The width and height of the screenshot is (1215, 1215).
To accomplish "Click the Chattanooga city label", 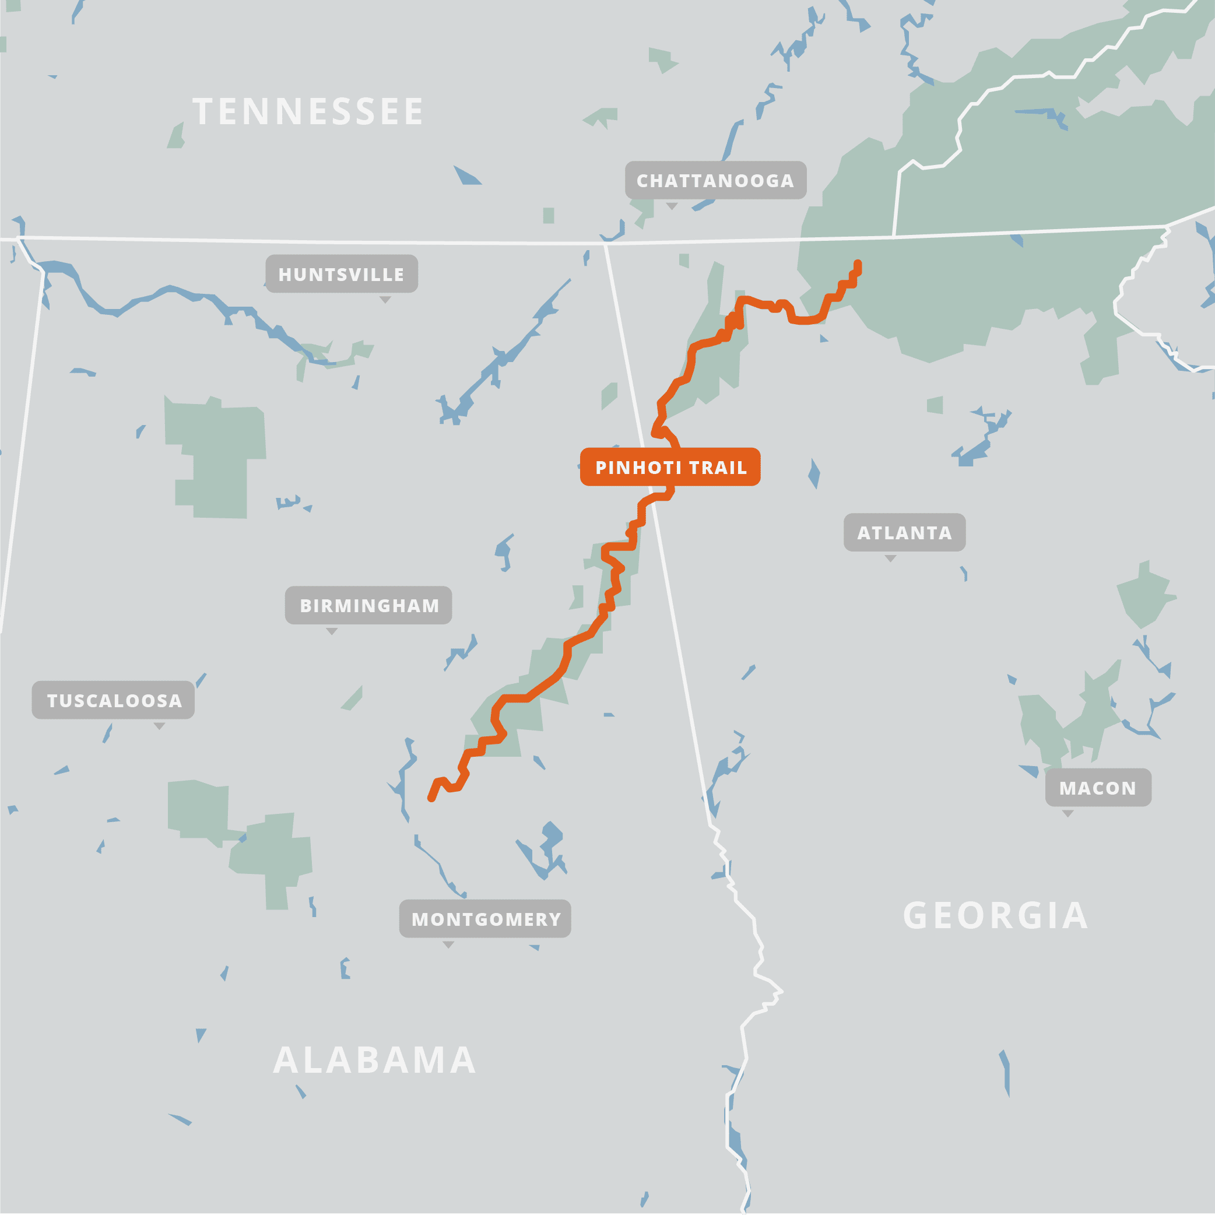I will point(716,181).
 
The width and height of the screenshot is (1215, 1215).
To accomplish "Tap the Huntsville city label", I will point(342,273).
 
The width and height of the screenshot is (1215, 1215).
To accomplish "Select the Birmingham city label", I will point(368,605).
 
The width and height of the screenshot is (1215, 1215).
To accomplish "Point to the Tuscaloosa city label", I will point(113,700).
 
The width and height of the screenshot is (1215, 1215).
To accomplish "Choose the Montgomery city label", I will point(485,919).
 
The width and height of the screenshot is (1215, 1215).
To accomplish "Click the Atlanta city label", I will point(904,533).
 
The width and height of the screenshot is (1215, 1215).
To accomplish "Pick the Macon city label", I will point(1098,788).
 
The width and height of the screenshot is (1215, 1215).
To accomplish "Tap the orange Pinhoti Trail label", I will point(670,467).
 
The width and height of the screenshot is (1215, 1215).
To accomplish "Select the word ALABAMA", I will point(375,1061).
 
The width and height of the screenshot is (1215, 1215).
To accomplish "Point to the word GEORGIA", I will point(996,916).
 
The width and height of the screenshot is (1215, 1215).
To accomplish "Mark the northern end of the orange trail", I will point(858,264).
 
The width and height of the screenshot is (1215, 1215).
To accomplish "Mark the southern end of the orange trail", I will point(431,799).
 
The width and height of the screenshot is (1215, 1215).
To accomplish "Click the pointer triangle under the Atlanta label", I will point(890,558).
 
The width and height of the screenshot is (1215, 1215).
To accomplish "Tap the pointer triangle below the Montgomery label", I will point(448,944).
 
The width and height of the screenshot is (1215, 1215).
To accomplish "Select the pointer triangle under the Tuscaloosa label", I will point(160,726).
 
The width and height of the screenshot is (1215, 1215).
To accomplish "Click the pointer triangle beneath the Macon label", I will point(1068,813).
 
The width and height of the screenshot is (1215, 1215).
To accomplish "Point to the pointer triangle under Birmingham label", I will point(332,631).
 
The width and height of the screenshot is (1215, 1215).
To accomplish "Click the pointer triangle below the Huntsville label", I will point(385,299).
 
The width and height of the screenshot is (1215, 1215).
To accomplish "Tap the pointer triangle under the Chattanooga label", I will point(672,206).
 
